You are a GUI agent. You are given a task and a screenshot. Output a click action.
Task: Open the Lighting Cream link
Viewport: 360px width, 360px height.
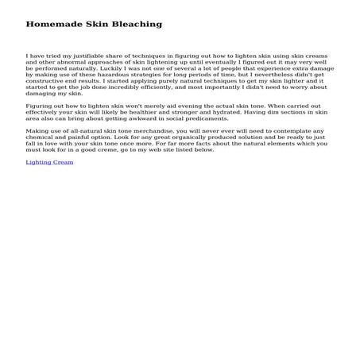(49, 162)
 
